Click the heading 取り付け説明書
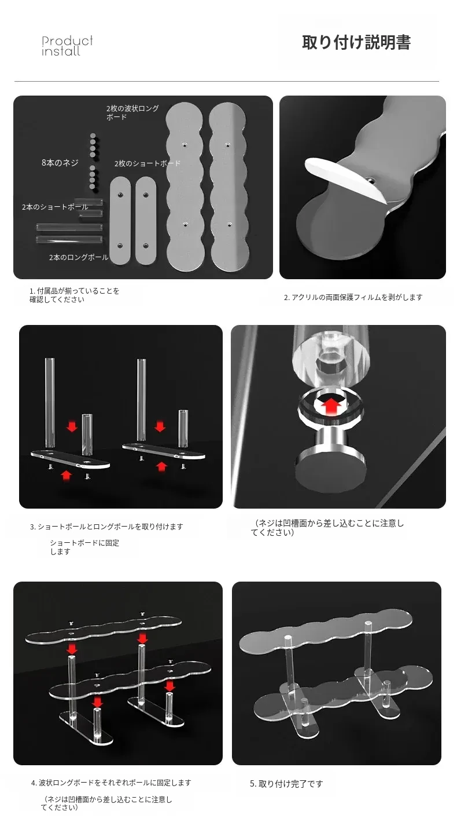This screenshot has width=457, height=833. [356, 42]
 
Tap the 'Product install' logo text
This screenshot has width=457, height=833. [67, 46]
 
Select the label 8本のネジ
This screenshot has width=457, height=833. [60, 163]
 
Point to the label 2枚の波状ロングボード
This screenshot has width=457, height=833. [132, 113]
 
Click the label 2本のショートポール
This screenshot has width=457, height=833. [55, 207]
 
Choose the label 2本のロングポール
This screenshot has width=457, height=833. [79, 257]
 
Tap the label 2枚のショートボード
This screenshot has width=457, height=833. [148, 163]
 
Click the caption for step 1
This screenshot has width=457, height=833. [74, 295]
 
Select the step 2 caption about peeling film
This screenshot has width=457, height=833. [353, 297]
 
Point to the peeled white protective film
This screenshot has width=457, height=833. [344, 178]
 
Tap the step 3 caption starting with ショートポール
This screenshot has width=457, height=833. [106, 527]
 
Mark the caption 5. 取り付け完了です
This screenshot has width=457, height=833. [286, 784]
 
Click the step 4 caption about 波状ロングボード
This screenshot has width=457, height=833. [111, 783]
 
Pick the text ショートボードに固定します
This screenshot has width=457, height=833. [84, 547]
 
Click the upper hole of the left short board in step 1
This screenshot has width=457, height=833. [120, 195]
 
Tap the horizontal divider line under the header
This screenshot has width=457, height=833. [227, 81]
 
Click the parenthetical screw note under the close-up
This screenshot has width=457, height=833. [327, 528]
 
